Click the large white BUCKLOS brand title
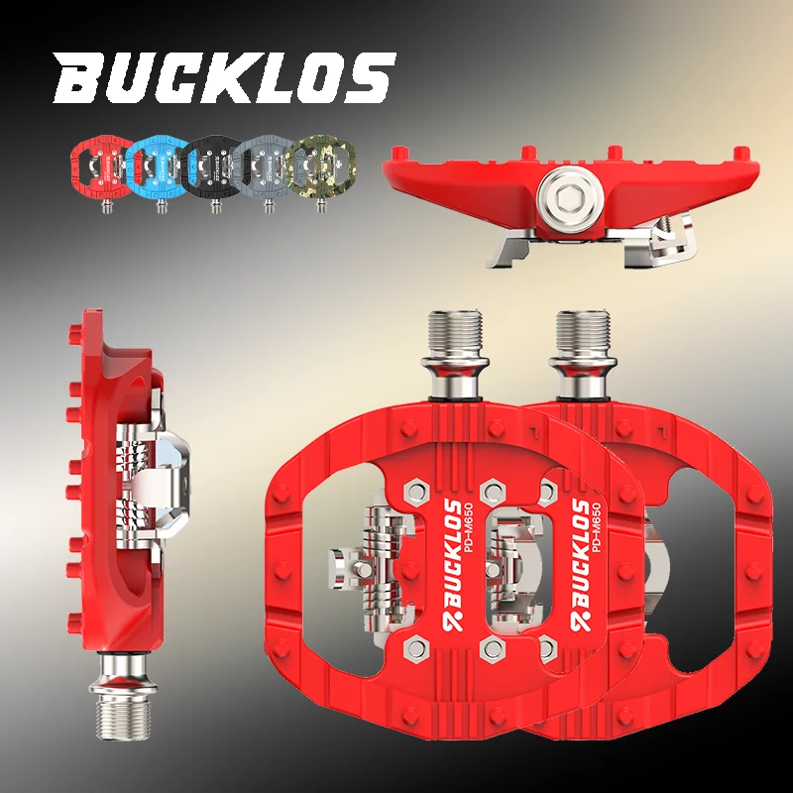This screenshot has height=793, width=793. pos(224,79)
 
